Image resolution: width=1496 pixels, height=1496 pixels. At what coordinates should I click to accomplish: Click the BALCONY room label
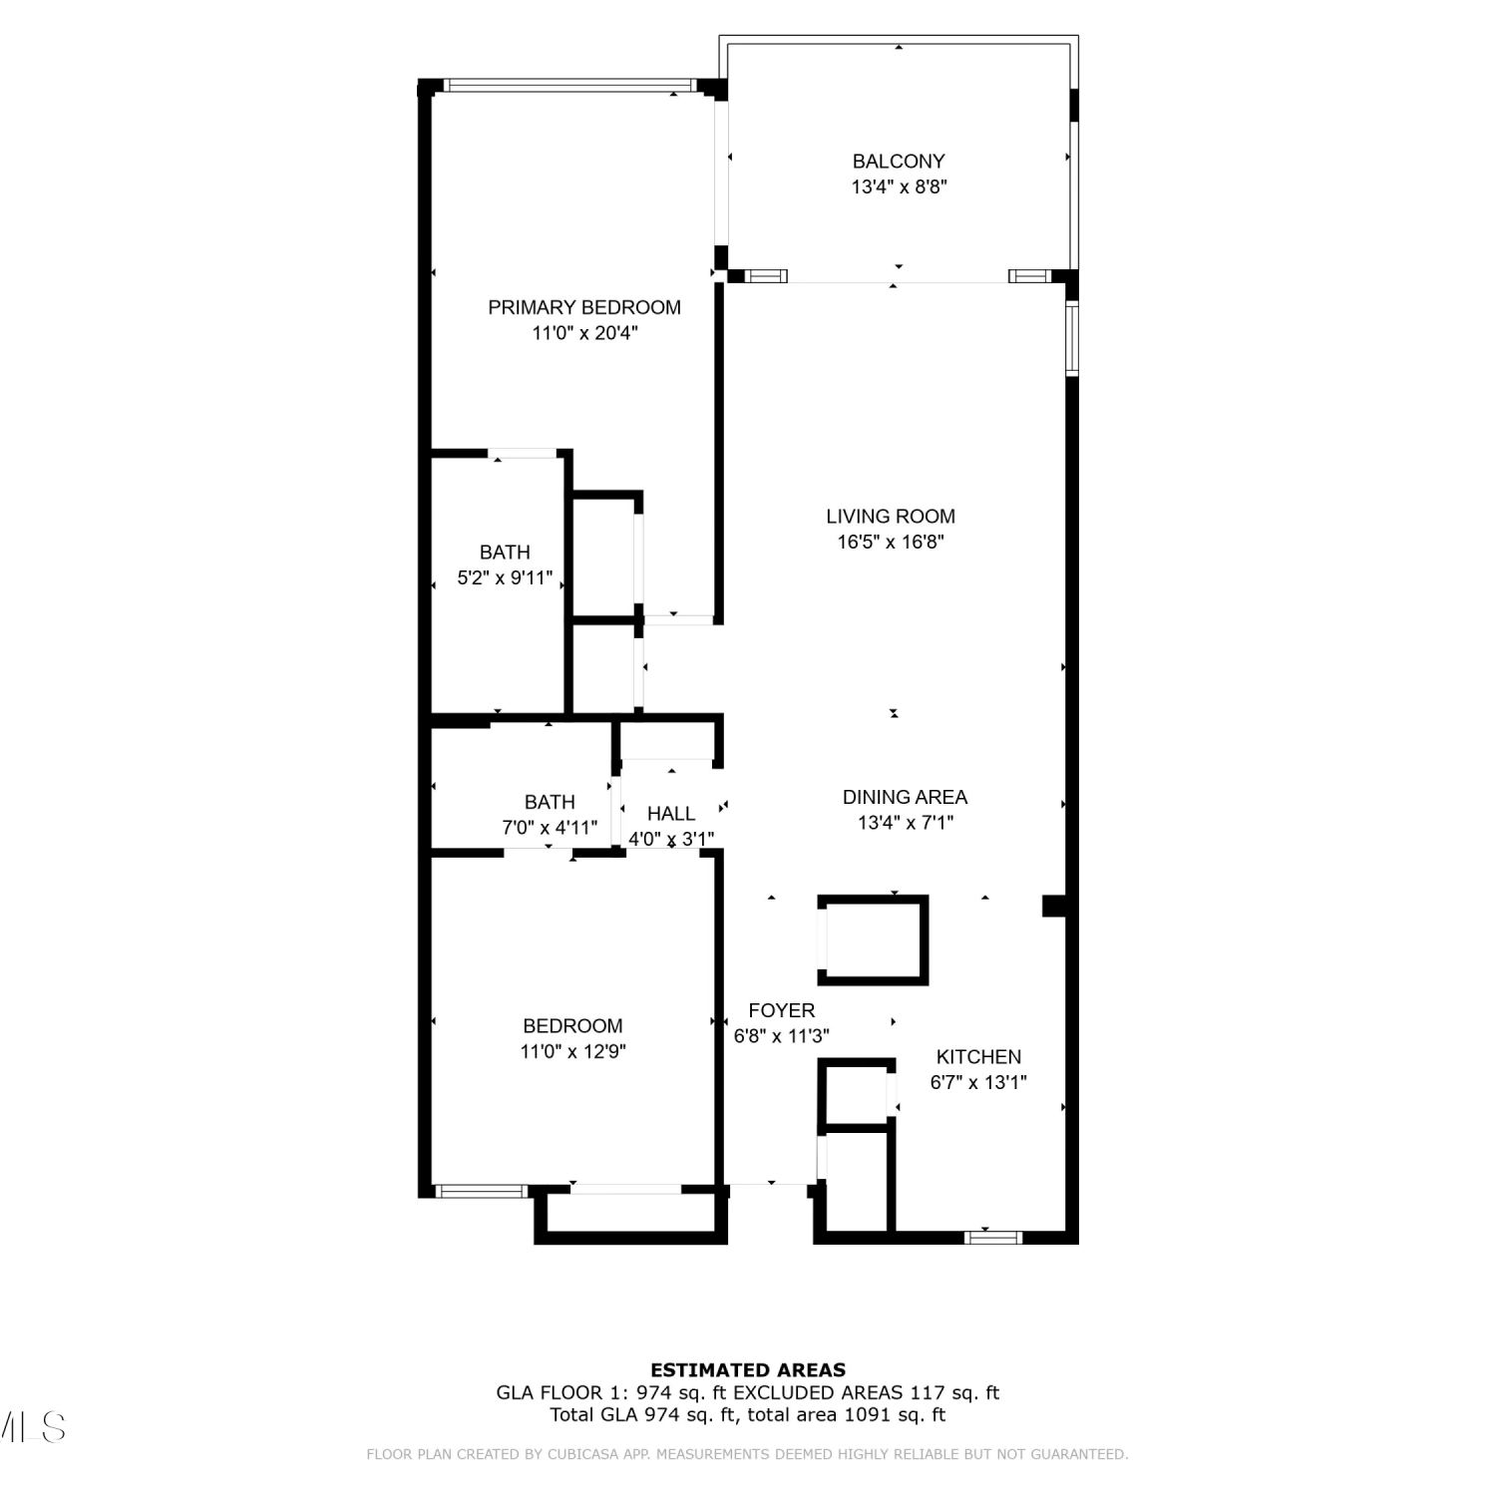(x=899, y=161)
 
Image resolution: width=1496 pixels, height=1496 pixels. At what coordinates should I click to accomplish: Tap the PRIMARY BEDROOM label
(x=584, y=307)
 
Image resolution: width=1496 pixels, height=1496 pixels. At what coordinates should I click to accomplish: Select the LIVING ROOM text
(x=891, y=516)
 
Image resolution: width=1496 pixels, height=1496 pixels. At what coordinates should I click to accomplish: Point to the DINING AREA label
(x=905, y=797)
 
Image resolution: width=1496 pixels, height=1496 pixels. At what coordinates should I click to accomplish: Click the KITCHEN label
(x=978, y=1056)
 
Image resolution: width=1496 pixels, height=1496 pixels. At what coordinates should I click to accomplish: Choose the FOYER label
(x=782, y=1010)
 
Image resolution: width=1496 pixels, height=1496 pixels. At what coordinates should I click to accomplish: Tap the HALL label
(x=671, y=814)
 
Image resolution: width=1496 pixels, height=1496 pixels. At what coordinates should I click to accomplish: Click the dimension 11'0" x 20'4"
(x=584, y=333)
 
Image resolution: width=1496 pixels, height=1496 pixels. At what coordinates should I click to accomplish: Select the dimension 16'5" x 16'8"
(x=891, y=542)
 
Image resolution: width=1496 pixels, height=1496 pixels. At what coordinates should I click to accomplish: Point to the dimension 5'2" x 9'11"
(x=505, y=577)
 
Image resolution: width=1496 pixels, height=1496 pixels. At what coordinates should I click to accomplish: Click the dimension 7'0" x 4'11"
(x=550, y=828)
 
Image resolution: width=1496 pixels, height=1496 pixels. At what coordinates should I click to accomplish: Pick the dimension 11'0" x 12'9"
(x=572, y=1051)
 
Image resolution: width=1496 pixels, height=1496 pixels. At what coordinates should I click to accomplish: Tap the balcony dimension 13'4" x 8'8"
(x=899, y=187)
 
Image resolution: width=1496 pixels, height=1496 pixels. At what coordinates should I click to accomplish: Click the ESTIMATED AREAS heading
(x=748, y=1370)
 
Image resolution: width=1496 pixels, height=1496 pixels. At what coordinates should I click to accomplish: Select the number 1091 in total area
(x=868, y=1414)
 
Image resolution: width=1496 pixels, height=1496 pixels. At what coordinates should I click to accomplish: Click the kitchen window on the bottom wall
(x=993, y=1238)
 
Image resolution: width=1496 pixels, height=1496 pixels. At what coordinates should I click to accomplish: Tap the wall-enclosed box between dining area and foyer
(x=874, y=939)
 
